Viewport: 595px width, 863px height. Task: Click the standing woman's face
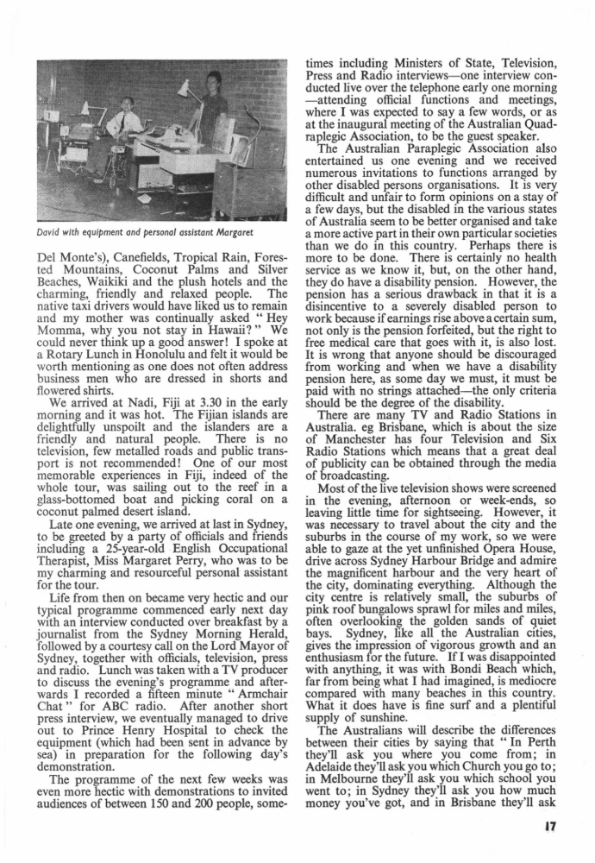tap(212, 84)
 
